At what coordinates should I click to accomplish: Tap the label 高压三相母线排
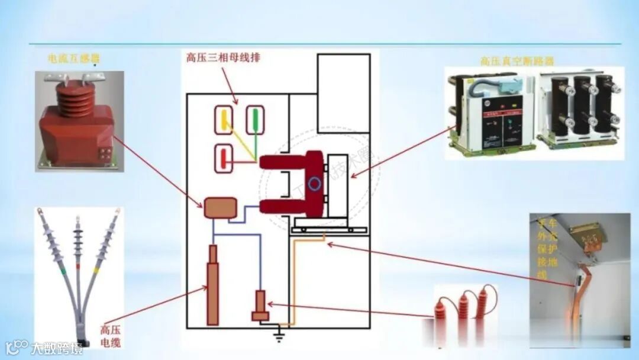[x=223, y=58]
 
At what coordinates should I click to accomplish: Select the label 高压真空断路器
[x=517, y=61]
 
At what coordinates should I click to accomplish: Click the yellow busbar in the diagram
[x=225, y=120]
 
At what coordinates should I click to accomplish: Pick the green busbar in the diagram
[x=256, y=120]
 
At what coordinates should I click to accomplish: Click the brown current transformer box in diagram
[x=221, y=208]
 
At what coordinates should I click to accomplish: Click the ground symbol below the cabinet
[x=279, y=337]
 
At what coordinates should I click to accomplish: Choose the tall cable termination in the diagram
[x=212, y=285]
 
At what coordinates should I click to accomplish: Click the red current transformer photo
[x=79, y=122]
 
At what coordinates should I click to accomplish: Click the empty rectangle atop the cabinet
[x=344, y=93]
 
